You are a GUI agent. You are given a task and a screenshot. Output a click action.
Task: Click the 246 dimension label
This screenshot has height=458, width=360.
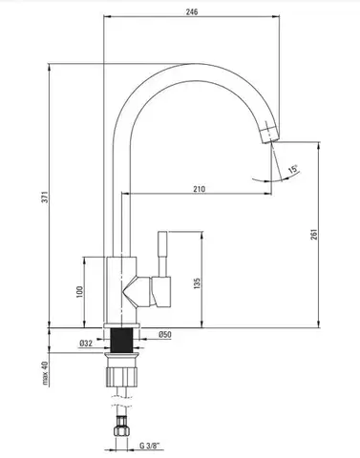click(192, 11)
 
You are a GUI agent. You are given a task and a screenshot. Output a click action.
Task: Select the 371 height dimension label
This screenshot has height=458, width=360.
click(46, 198)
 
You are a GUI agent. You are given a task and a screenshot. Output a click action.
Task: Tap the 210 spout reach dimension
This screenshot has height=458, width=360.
click(200, 189)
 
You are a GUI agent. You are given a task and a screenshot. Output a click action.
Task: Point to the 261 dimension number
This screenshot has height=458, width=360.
click(314, 235)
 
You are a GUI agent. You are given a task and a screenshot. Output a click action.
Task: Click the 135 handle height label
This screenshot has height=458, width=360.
click(197, 283)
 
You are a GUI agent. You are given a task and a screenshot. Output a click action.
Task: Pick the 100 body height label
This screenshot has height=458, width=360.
click(79, 292)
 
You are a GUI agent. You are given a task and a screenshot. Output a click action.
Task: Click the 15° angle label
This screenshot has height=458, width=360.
click(294, 169)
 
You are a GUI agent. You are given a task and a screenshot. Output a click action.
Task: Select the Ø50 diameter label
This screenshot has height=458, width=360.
click(165, 335)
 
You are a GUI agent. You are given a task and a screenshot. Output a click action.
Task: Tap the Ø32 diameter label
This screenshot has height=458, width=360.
click(86, 343)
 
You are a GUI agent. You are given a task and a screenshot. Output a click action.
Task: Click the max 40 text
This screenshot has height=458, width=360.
click(45, 374)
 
